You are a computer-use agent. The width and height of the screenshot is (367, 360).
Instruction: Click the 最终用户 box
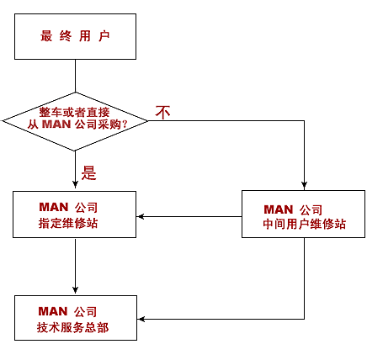pos(75,36)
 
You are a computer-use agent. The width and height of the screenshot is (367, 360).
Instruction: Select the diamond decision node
pos(75,121)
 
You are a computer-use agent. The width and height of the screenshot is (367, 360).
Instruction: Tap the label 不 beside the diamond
pos(162,113)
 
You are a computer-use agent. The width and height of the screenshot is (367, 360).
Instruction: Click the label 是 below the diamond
pos(88,172)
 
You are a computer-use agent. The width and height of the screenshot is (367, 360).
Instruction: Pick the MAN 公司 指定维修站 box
pos(75,214)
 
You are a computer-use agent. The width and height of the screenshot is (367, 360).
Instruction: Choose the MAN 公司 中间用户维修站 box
pos(304,214)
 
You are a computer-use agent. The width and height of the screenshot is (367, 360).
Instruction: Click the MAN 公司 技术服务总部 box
pos(76,318)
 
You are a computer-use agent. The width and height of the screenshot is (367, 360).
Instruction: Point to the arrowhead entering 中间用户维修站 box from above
pos(304,185)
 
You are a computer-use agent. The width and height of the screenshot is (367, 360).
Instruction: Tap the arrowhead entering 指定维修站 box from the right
pos(141,216)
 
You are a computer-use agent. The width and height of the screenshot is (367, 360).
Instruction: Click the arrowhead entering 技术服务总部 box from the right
pos(141,319)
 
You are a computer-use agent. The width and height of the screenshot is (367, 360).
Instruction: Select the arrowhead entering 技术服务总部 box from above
pos(75,290)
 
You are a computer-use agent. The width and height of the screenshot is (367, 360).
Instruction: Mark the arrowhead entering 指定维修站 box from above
pos(75,184)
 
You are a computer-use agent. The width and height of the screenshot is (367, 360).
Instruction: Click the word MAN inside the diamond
pos(56,124)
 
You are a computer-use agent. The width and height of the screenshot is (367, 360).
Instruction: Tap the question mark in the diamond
pos(125,124)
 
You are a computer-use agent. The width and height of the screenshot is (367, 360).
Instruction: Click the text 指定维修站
pos(68,224)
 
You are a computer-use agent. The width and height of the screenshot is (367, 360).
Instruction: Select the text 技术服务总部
pos(72,327)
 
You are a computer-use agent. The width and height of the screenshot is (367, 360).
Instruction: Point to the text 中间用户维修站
pos(304,224)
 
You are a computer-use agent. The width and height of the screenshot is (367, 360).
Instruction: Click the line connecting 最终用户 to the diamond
pos(75,76)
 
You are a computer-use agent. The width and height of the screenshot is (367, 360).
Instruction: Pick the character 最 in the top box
pos(46,36)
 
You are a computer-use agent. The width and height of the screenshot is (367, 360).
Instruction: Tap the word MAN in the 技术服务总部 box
pos(53,311)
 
